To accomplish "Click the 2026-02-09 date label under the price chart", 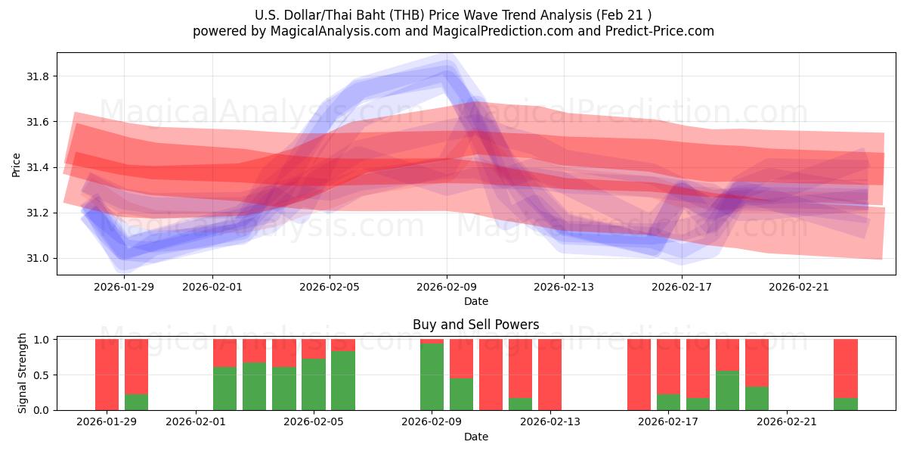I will point(447,287).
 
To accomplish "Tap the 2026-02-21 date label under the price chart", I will point(799,287).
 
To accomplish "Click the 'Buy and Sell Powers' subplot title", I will point(475,325).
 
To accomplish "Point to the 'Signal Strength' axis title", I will point(23,373).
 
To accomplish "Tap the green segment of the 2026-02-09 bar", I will point(432,377).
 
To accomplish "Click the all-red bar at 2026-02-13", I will point(549,375).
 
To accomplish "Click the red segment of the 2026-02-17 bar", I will point(668,366).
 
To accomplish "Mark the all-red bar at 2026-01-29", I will point(107,375).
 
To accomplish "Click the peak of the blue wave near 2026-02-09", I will point(446,70).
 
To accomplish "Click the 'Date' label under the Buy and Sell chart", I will point(475,437).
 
